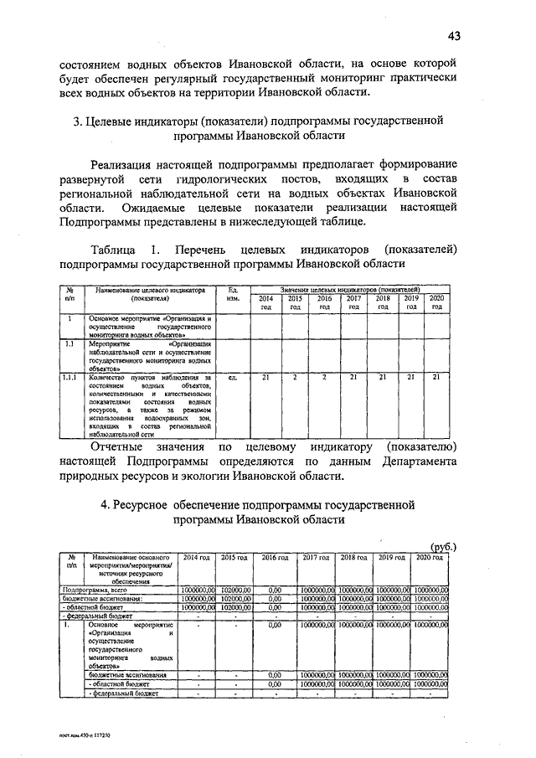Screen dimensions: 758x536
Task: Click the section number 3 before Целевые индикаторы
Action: (76, 122)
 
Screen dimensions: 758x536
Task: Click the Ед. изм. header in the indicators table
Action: (234, 294)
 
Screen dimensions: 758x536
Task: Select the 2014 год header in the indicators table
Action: (265, 303)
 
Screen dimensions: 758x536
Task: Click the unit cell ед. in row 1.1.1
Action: (234, 378)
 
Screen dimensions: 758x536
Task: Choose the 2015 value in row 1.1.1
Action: (295, 378)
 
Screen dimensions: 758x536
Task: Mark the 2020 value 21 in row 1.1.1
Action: (435, 378)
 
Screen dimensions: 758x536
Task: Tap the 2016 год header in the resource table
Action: (274, 557)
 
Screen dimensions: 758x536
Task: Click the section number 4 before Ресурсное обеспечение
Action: (106, 505)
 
